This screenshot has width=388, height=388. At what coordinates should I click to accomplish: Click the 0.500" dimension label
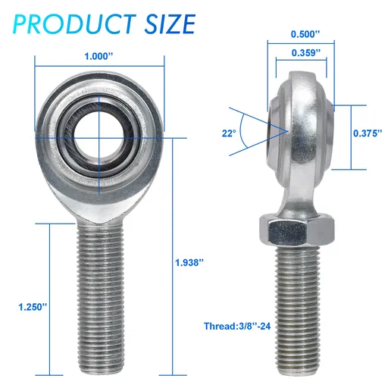304,35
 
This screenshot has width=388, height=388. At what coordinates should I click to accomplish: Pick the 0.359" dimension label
304,53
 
